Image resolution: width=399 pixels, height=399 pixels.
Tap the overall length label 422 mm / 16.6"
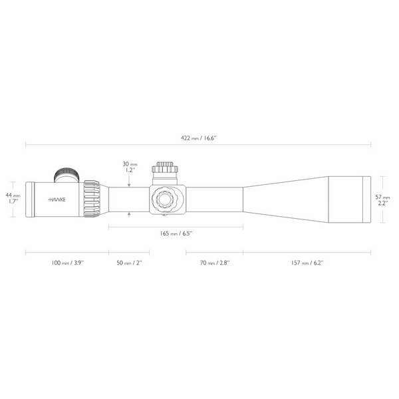coord(199,138)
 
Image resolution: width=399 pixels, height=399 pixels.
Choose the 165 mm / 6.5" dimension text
coord(176,234)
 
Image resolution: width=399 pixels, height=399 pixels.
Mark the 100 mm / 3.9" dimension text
coord(67,263)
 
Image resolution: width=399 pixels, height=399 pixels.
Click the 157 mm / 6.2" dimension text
coord(307,263)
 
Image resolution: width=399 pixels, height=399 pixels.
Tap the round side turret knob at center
coord(164,198)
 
